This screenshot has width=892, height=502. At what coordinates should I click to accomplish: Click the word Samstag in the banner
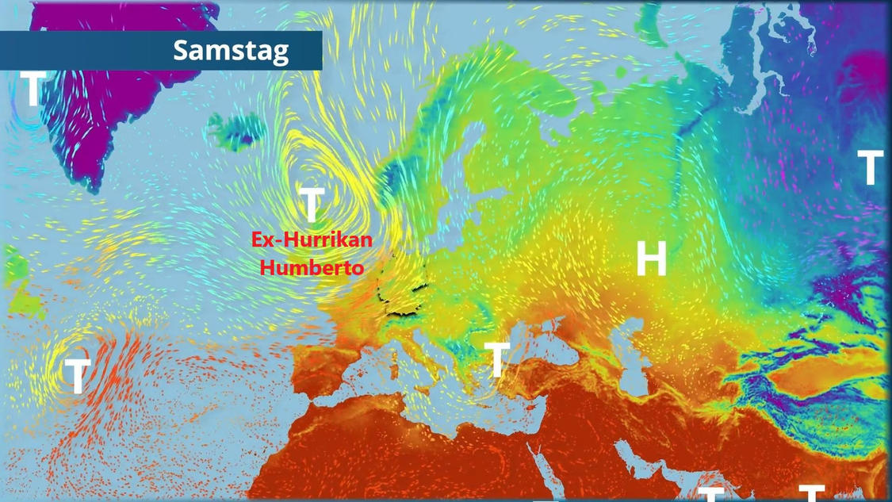(x=231, y=51)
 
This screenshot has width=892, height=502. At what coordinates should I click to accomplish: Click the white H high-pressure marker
(x=651, y=259)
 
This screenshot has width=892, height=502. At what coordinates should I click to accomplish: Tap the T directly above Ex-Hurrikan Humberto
(x=312, y=205)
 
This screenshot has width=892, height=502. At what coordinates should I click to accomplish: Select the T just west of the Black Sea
(x=496, y=360)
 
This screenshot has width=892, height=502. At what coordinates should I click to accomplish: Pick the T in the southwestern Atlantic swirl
(x=76, y=376)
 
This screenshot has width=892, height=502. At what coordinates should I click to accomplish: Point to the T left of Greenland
(x=32, y=90)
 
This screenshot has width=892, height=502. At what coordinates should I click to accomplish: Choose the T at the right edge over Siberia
(x=871, y=167)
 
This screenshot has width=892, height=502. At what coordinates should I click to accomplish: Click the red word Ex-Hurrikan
(x=312, y=239)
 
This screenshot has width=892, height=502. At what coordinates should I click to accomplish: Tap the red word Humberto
(x=312, y=267)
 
